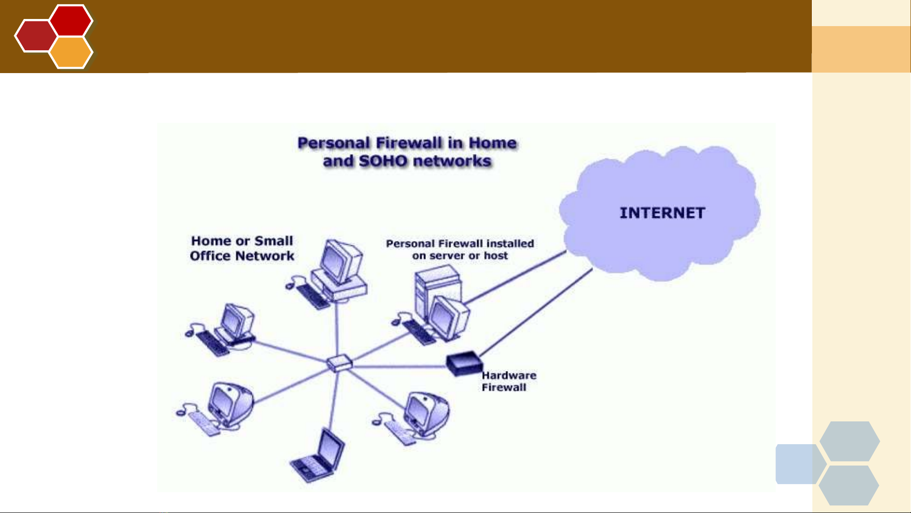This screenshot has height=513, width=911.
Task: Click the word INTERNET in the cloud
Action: click(x=662, y=213)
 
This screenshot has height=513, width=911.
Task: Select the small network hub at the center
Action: click(x=340, y=364)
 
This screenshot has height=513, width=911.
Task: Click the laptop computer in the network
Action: click(x=317, y=455)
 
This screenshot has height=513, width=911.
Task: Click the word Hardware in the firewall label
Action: click(x=509, y=375)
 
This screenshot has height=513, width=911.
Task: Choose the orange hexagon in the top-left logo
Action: click(x=71, y=52)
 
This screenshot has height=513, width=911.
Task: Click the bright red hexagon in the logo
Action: click(x=71, y=20)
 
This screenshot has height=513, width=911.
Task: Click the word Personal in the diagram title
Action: click(x=334, y=143)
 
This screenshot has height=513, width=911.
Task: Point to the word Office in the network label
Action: click(x=210, y=256)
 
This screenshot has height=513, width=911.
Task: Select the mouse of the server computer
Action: click(x=396, y=322)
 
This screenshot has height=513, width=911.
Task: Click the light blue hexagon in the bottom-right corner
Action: click(x=801, y=464)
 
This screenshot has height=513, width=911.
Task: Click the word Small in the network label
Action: click(x=274, y=241)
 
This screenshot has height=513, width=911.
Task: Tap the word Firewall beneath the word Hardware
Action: click(x=504, y=387)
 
